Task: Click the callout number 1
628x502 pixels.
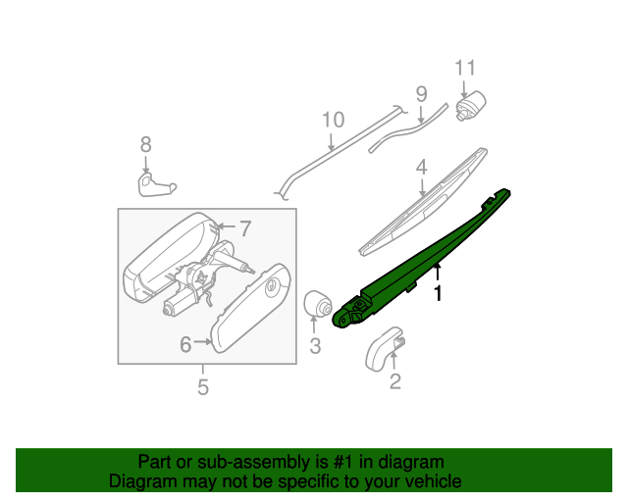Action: click(x=439, y=292)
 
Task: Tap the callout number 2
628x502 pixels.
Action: click(x=395, y=381)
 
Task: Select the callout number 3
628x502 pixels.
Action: click(x=315, y=345)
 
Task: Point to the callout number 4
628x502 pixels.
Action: click(x=420, y=168)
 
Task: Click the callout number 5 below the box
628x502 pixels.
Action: click(x=203, y=387)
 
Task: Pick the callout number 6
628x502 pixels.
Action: click(x=184, y=344)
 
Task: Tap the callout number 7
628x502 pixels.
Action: click(x=245, y=229)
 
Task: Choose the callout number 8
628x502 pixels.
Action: click(x=146, y=144)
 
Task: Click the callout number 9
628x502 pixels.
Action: click(x=421, y=95)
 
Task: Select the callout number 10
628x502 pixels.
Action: click(x=333, y=121)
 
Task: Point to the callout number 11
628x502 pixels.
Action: click(x=464, y=68)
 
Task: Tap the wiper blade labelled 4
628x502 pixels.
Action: click(x=422, y=201)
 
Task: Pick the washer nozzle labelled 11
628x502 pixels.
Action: click(x=472, y=103)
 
